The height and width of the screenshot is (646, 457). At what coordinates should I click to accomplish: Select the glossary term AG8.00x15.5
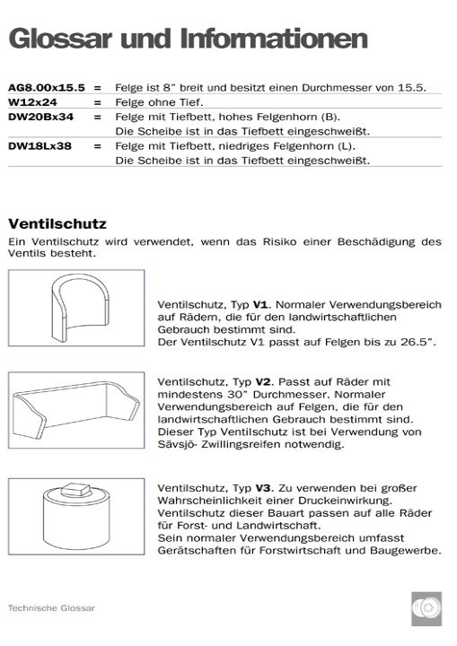coord(47,88)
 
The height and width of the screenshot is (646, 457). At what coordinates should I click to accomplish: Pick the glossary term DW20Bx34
coord(40,117)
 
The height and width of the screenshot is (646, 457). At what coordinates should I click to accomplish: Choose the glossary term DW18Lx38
coord(40,145)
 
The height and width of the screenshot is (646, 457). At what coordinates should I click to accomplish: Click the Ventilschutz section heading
coord(57,223)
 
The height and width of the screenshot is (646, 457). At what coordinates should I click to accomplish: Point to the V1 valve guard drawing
coord(76,309)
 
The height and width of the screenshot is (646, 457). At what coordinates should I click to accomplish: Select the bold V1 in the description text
coord(261,305)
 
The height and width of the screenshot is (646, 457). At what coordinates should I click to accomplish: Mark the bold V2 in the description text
coord(261,380)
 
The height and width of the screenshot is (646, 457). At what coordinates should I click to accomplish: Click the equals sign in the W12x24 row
coord(96,102)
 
